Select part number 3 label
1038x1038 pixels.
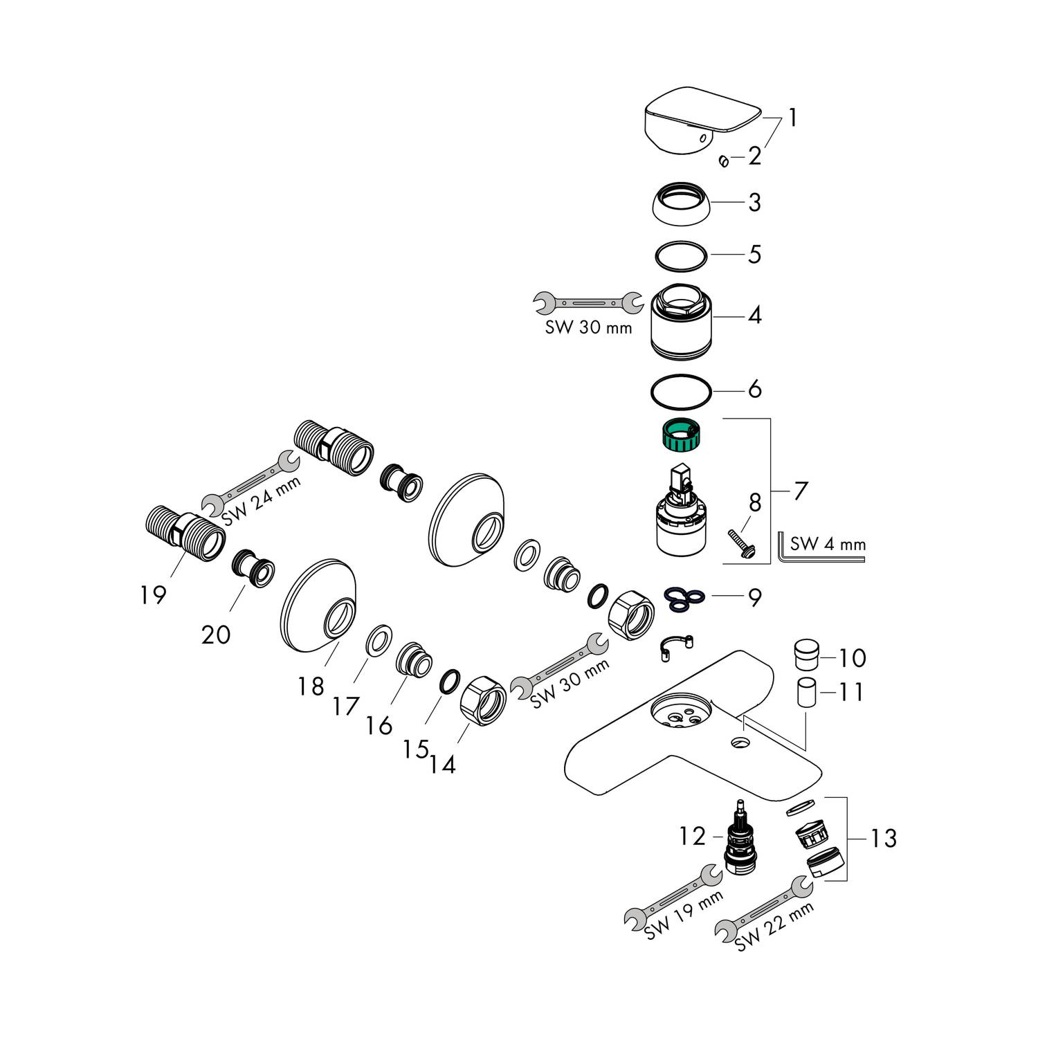tap(754, 203)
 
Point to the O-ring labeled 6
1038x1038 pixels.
tap(681, 390)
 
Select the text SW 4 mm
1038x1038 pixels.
tap(828, 543)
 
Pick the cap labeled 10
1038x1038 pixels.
tap(804, 655)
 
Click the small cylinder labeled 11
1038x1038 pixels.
tap(804, 692)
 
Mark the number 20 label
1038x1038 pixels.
tap(215, 633)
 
